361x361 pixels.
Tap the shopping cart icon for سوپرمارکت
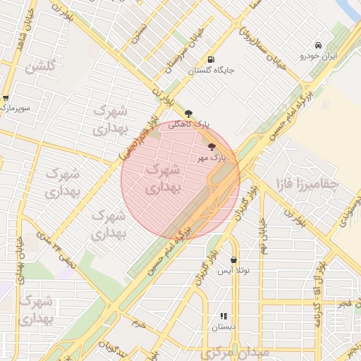(6, 98)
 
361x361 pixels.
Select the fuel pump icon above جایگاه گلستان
(211, 59)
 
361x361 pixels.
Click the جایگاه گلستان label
(211, 71)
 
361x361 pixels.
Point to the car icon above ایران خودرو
(319, 44)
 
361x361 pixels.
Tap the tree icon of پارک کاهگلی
(188, 114)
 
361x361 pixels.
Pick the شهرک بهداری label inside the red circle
(163, 179)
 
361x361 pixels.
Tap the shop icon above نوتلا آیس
(233, 260)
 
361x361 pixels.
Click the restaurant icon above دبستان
(224, 317)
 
